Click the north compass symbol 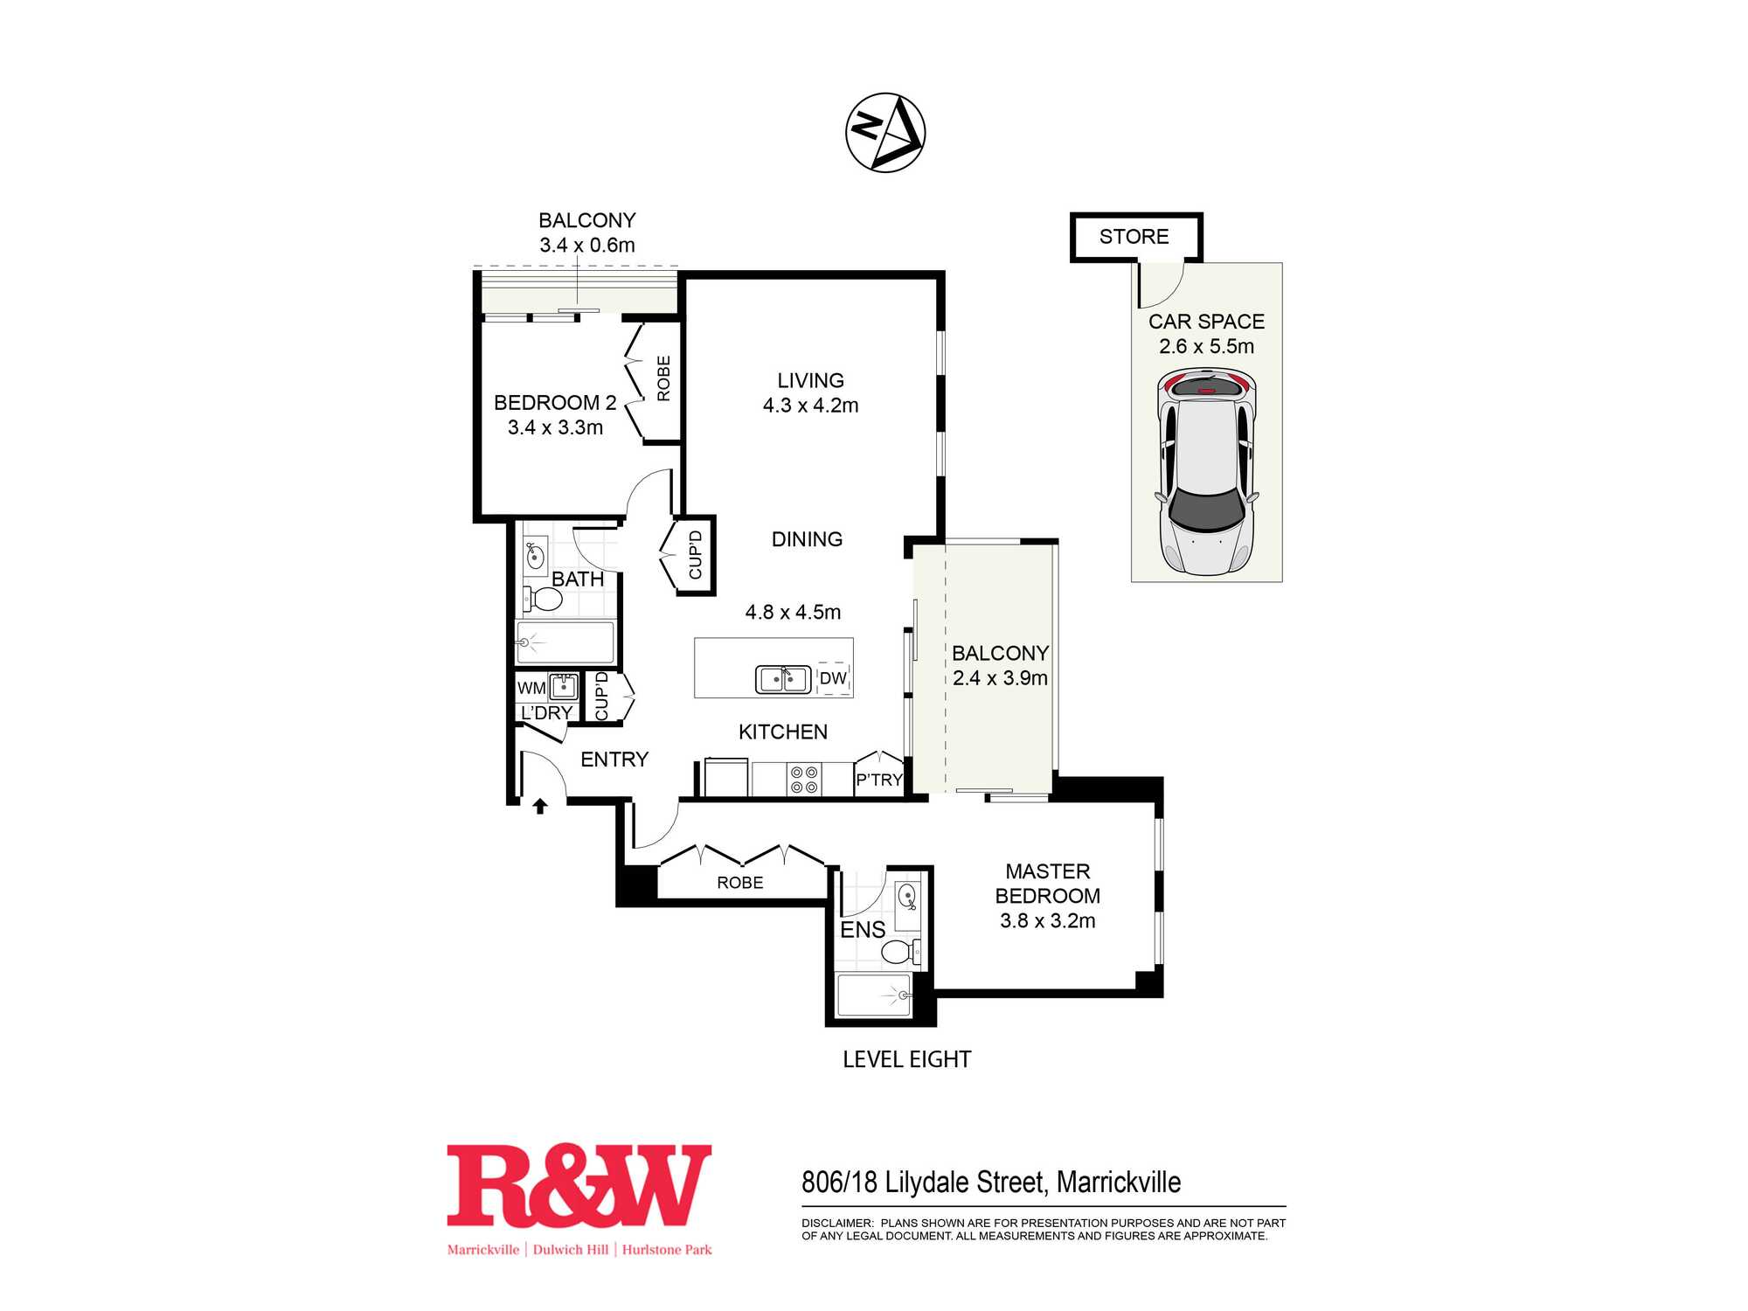(885, 132)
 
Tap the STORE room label (1134, 237)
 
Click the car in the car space (1207, 471)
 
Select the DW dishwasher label (833, 678)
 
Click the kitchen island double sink (783, 679)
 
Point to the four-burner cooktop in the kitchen (803, 780)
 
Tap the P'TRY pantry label (878, 780)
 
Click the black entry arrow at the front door (540, 806)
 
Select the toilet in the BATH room (543, 599)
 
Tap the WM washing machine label (531, 688)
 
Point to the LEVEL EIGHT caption (906, 1059)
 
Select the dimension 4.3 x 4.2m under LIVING (810, 406)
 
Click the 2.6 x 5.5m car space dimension (1206, 346)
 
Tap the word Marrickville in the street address (1119, 1183)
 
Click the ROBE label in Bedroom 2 (663, 378)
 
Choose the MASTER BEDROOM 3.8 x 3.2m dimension (1047, 920)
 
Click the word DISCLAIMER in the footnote (837, 1223)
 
